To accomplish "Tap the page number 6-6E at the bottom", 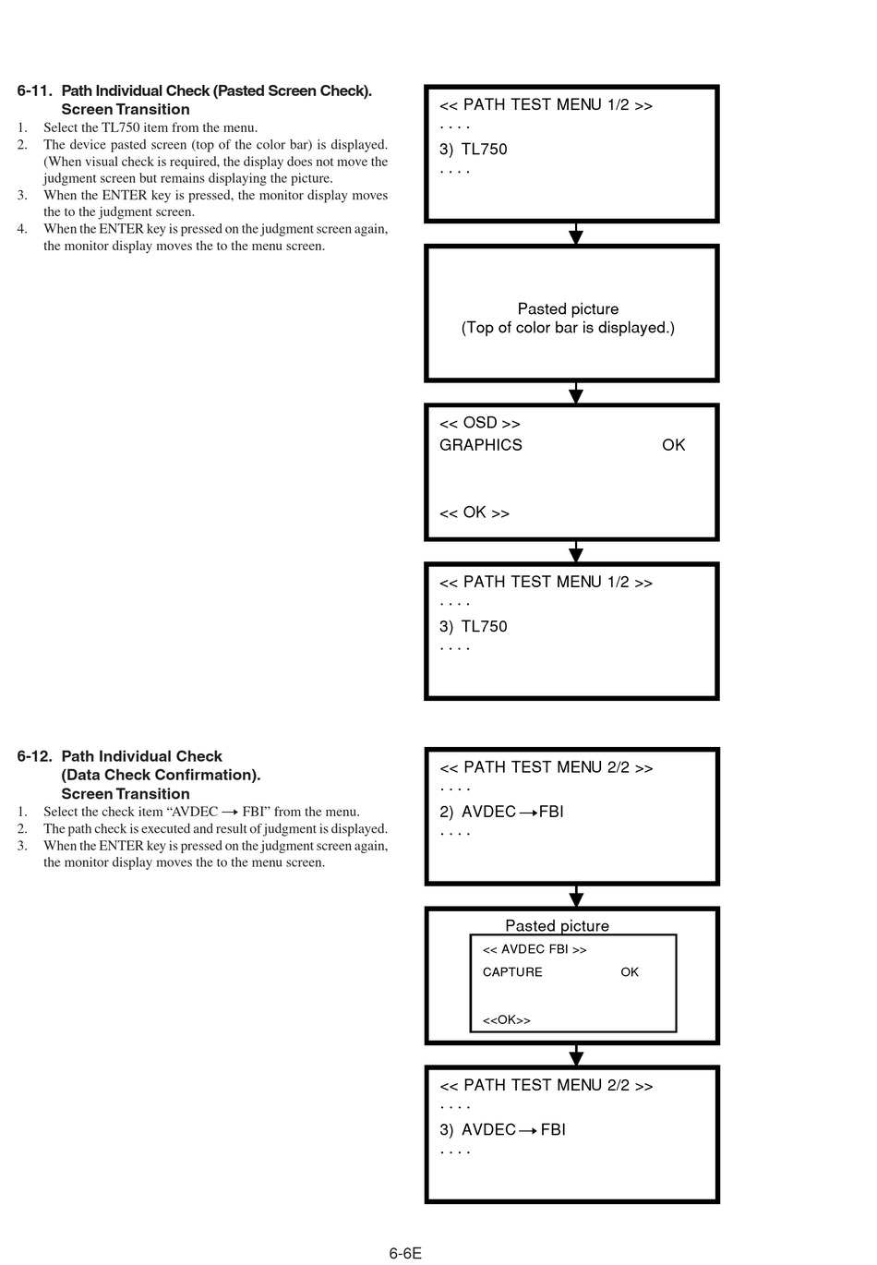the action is click(x=405, y=1253).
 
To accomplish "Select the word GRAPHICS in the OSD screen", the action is click(x=481, y=445).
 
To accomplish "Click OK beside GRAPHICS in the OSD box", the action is click(x=673, y=445).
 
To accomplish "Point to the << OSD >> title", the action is click(x=479, y=423).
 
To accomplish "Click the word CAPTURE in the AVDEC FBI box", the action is click(x=512, y=972).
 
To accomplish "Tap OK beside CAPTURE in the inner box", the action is click(x=629, y=972).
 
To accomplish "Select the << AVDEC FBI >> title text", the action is click(x=535, y=949).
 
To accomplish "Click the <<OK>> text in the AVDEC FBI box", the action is click(x=507, y=1020).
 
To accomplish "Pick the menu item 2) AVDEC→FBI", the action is click(x=501, y=812).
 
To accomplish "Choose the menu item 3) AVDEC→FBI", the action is click(x=502, y=1129).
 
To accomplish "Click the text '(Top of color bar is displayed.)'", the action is click(x=568, y=328).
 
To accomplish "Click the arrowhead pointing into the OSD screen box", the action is click(x=575, y=395).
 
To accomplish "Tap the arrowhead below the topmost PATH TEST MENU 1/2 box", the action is click(x=575, y=236).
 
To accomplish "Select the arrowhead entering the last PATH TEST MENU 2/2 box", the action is click(x=575, y=1057).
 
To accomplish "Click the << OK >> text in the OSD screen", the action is click(x=475, y=512).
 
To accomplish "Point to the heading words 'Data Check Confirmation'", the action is click(x=160, y=775).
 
